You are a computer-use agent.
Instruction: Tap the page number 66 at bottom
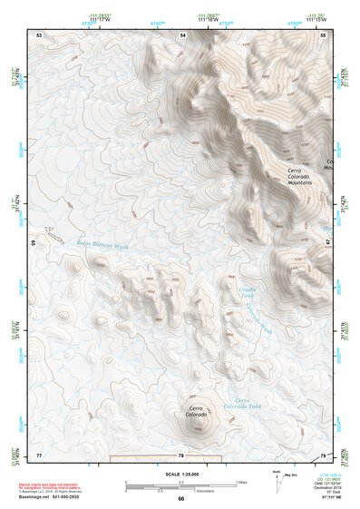click(180, 498)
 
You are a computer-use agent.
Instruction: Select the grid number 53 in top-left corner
click(39, 34)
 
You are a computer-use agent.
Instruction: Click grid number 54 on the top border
click(181, 34)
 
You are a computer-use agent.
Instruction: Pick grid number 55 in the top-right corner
click(323, 34)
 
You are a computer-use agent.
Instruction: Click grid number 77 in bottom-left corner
click(39, 454)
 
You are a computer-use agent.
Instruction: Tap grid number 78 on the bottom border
click(181, 455)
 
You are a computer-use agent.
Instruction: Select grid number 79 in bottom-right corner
click(323, 454)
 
